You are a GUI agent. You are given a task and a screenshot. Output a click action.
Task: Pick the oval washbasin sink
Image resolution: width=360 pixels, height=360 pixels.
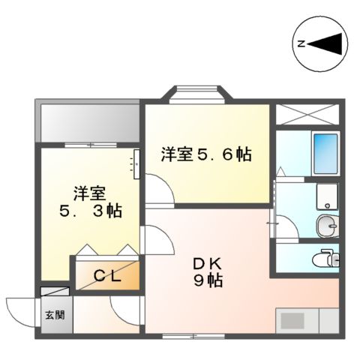(326, 224)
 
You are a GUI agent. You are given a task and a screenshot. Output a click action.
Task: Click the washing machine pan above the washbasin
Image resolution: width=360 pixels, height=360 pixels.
(326, 196)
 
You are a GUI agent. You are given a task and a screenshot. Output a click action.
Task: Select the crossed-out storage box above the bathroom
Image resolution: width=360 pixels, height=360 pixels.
(307, 113)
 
